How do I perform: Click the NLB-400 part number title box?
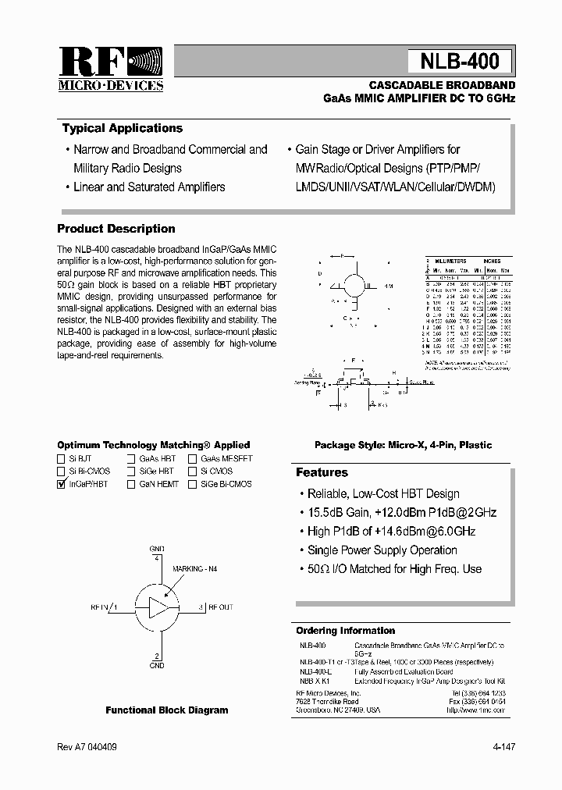point(460,62)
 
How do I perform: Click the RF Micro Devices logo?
point(111,68)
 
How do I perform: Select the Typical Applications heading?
point(122,129)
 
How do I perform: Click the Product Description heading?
point(116,229)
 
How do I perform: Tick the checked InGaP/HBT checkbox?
point(62,485)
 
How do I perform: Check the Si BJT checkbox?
point(62,459)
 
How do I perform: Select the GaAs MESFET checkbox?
point(192,459)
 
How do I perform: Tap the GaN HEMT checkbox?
point(131,485)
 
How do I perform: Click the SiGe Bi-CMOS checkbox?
point(192,485)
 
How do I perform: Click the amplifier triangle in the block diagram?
point(158,607)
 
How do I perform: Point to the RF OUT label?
point(219,607)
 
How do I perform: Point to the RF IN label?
point(102,607)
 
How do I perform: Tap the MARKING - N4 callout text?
point(194,569)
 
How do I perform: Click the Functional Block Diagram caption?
point(167,710)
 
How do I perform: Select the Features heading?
point(322,472)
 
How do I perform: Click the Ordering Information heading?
point(345,631)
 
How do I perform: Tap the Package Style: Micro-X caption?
point(403,445)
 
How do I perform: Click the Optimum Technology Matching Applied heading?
point(154,445)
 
